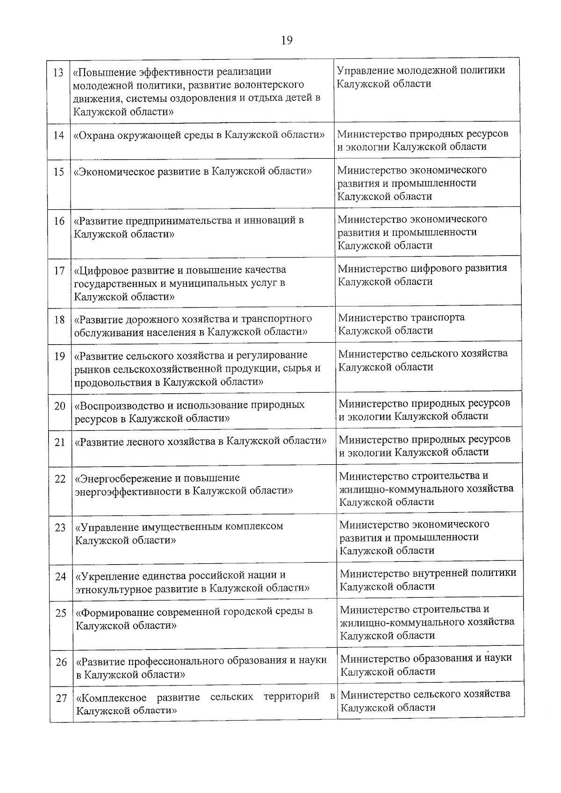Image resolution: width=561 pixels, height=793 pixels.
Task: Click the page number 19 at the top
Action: pos(287,40)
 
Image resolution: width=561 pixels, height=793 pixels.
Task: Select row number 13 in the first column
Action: pos(58,73)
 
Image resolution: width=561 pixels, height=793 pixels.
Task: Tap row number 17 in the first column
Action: pos(59,270)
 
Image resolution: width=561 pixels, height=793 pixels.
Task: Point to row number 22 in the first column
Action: pos(60,479)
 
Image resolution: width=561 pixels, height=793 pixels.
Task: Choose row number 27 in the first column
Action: pos(61,699)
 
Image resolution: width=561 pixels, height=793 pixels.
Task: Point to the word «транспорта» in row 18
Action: pos(438,318)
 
